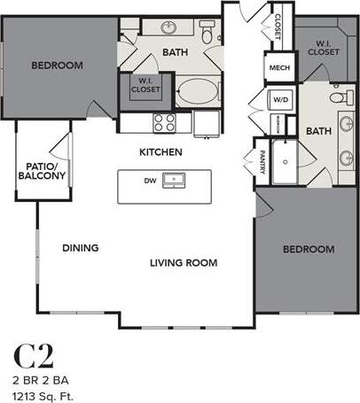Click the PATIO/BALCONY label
41,171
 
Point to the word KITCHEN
160,152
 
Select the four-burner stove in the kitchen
164,121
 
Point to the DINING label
80,248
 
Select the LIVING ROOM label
183,263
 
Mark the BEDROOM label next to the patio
57,66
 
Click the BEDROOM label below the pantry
308,249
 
